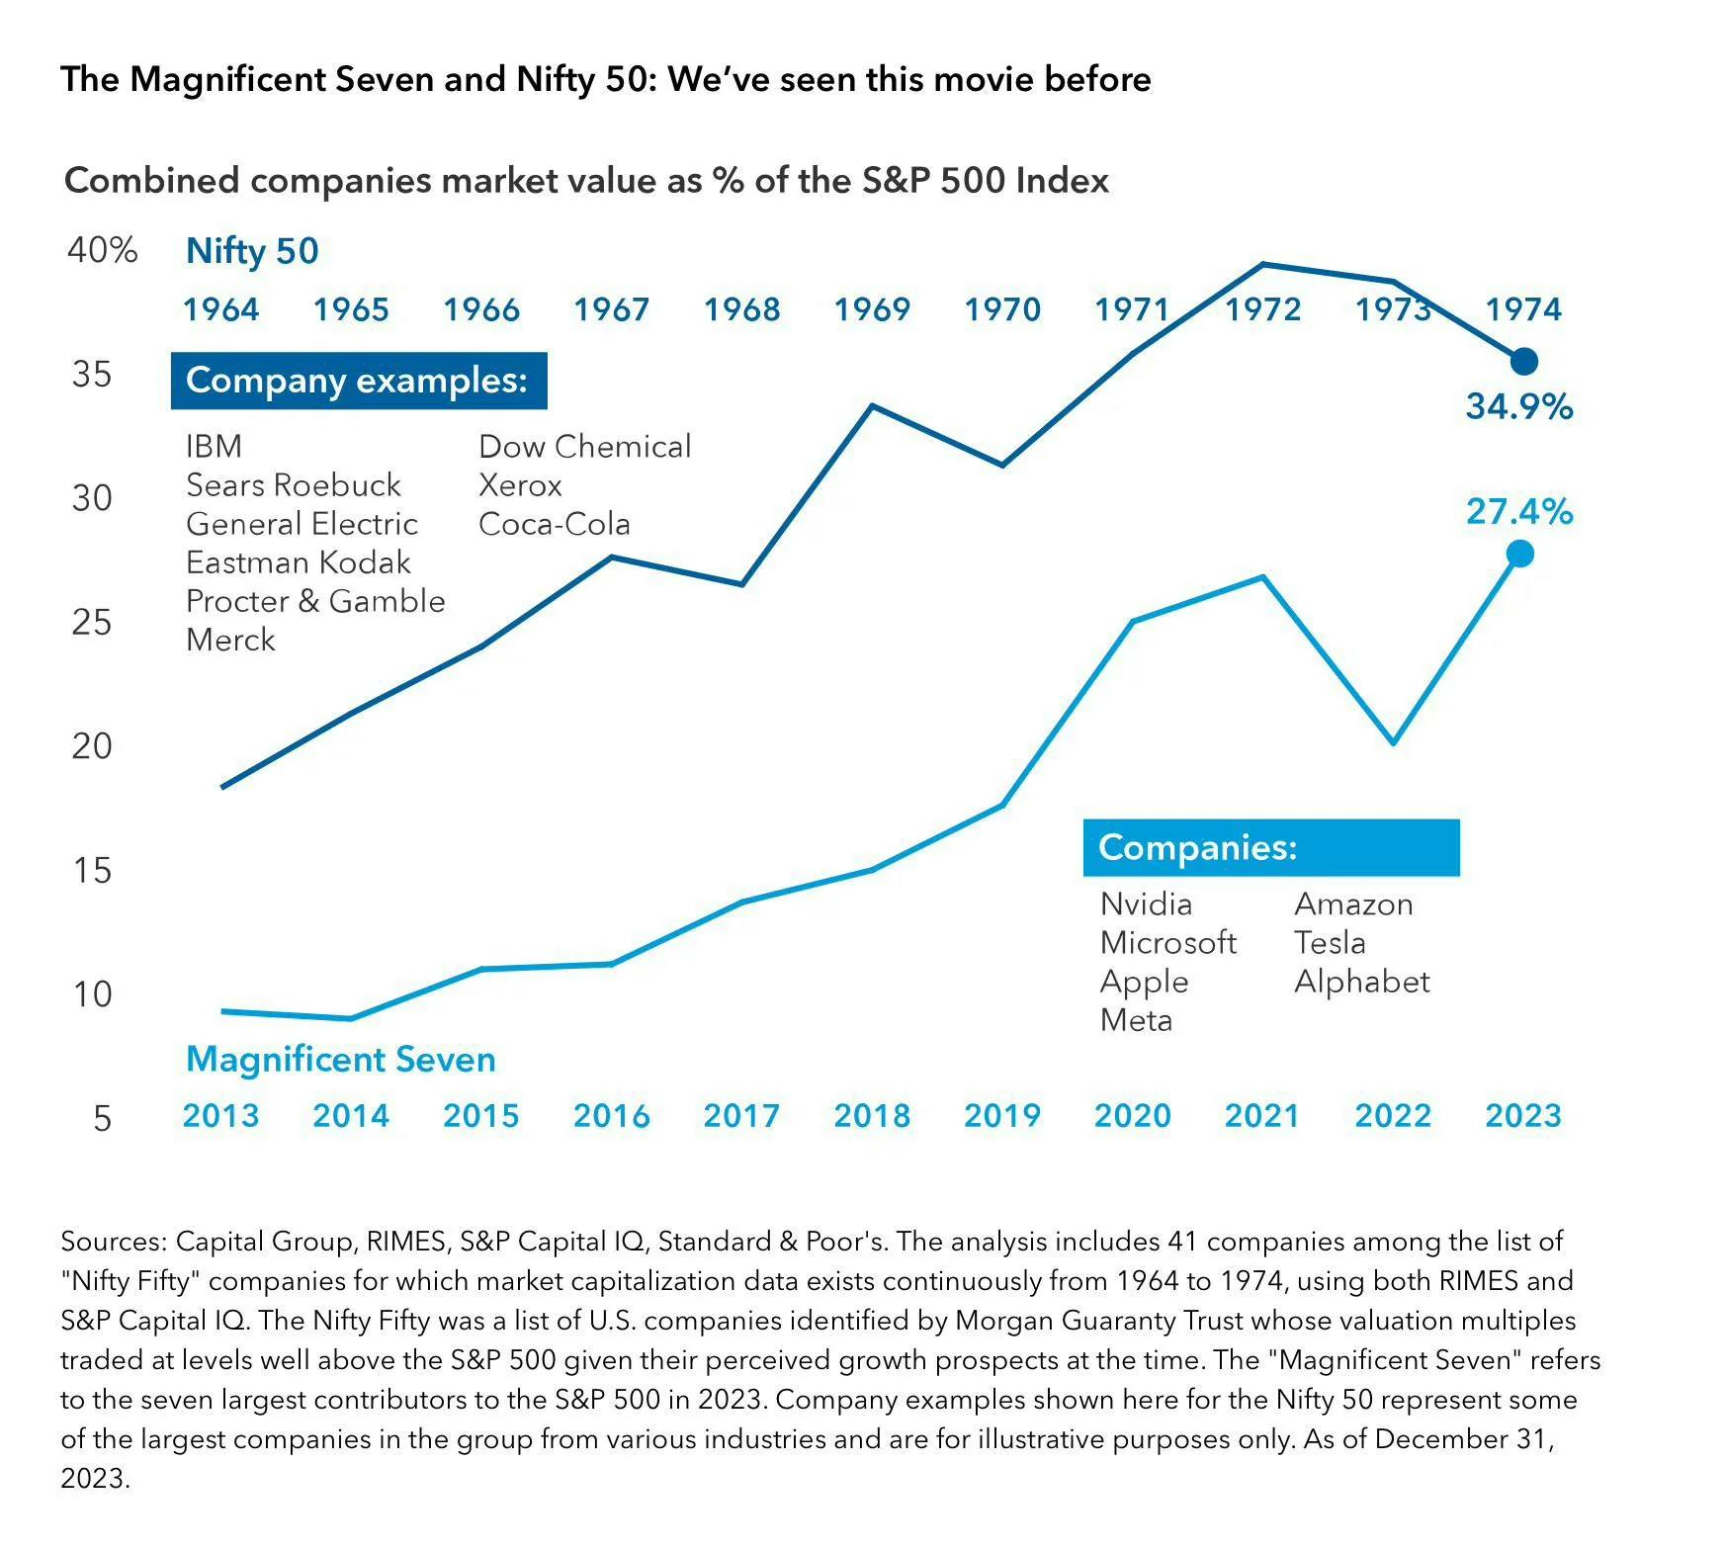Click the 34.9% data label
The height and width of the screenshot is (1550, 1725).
point(1518,406)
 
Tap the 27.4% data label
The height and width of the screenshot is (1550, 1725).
point(1518,512)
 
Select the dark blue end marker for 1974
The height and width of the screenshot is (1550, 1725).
point(1523,362)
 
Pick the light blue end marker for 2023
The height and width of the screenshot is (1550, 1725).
point(1519,555)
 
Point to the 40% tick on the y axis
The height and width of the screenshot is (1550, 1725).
point(102,250)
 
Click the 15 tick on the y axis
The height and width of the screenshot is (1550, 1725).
point(92,870)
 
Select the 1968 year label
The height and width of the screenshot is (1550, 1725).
point(741,309)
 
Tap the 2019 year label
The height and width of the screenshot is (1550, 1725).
point(1001,1116)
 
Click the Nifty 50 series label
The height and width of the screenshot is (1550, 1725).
point(252,251)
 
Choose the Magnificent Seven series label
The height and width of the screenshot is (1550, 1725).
point(340,1060)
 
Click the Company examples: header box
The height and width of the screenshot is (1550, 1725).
point(358,381)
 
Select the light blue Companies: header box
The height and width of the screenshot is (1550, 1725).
point(1270,848)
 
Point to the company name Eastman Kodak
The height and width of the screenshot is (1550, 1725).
point(298,562)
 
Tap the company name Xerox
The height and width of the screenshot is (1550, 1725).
point(520,485)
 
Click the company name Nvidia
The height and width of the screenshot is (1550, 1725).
point(1146,904)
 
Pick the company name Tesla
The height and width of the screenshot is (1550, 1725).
point(1330,943)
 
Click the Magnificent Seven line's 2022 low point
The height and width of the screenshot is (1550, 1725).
point(1393,742)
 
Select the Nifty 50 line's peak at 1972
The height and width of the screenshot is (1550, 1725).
point(1262,264)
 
